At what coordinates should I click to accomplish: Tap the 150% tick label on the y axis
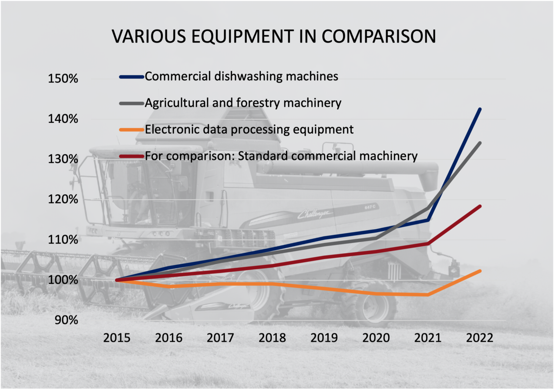coord(63,78)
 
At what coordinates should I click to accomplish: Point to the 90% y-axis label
coord(66,320)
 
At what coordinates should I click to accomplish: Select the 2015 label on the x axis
coord(117,338)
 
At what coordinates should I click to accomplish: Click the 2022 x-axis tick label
coord(480,338)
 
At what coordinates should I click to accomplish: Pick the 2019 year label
coord(324,338)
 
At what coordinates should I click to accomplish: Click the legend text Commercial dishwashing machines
coord(241,76)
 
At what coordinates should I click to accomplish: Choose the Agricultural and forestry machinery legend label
coord(243,103)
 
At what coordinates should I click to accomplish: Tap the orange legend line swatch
coord(131,130)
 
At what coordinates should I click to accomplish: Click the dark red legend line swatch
coord(131,156)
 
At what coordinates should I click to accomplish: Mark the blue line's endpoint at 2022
coord(480,109)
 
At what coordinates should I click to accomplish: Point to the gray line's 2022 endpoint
coord(480,143)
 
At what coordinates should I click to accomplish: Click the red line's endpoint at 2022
coord(480,206)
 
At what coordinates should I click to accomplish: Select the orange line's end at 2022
coord(480,271)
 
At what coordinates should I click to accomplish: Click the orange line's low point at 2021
coord(428,295)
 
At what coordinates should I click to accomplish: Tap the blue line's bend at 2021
coord(428,220)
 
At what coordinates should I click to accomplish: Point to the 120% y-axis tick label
coord(63,199)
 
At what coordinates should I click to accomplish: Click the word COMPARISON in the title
coord(379,36)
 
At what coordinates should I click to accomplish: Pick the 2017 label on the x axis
coord(221,338)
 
